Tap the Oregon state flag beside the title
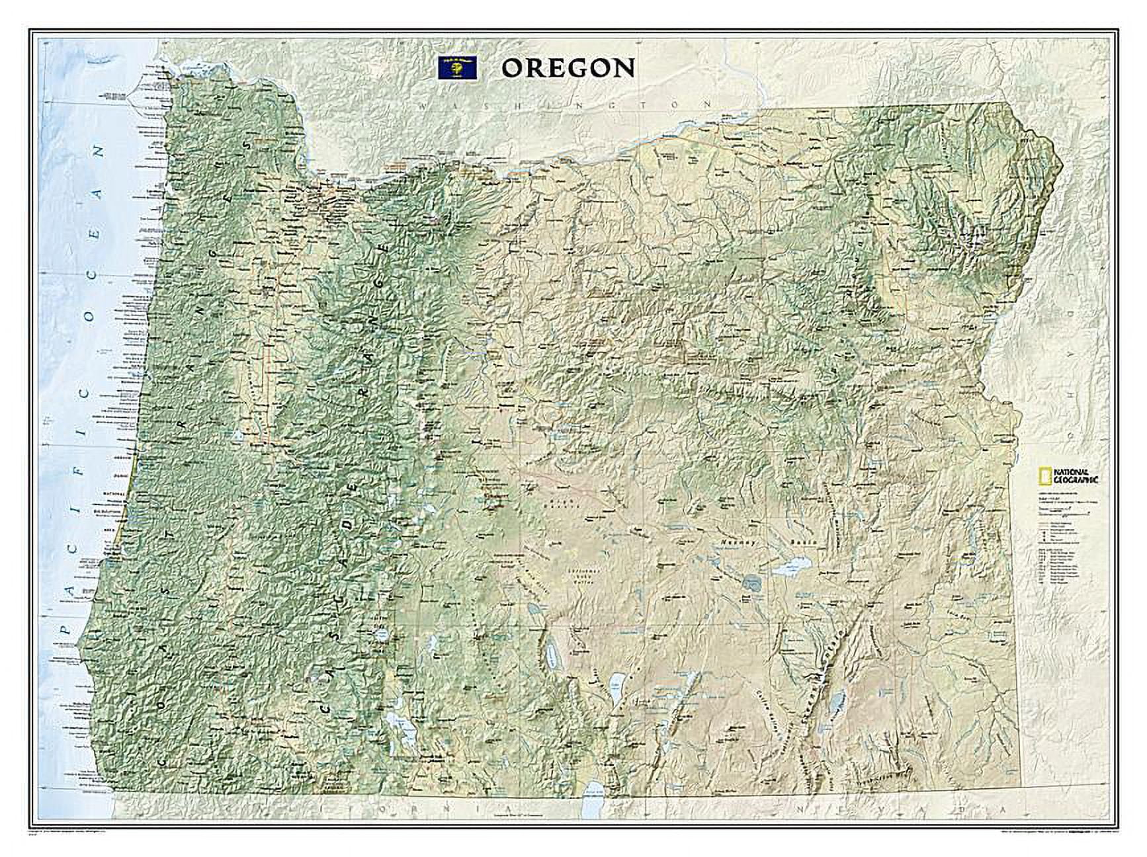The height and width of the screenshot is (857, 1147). coord(458,68)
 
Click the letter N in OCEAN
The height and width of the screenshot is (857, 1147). coord(101,151)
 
